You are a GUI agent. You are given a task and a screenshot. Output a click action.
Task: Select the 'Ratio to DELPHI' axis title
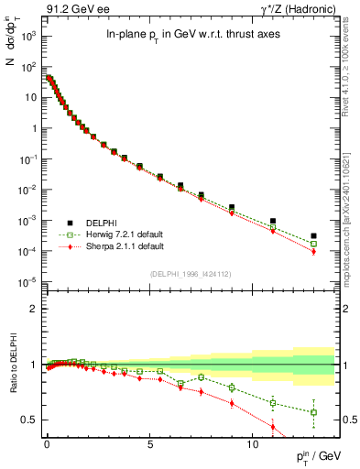(x=12, y=365)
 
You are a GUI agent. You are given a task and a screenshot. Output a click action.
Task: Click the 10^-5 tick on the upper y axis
(x=27, y=281)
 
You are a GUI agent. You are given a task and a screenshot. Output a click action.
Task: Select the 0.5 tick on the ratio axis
(x=30, y=420)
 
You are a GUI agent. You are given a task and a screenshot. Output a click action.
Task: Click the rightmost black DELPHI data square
(x=313, y=235)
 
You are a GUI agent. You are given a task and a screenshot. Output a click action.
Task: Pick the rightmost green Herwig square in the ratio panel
(x=313, y=412)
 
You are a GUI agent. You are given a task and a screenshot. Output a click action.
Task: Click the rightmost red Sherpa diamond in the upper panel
(x=313, y=251)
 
